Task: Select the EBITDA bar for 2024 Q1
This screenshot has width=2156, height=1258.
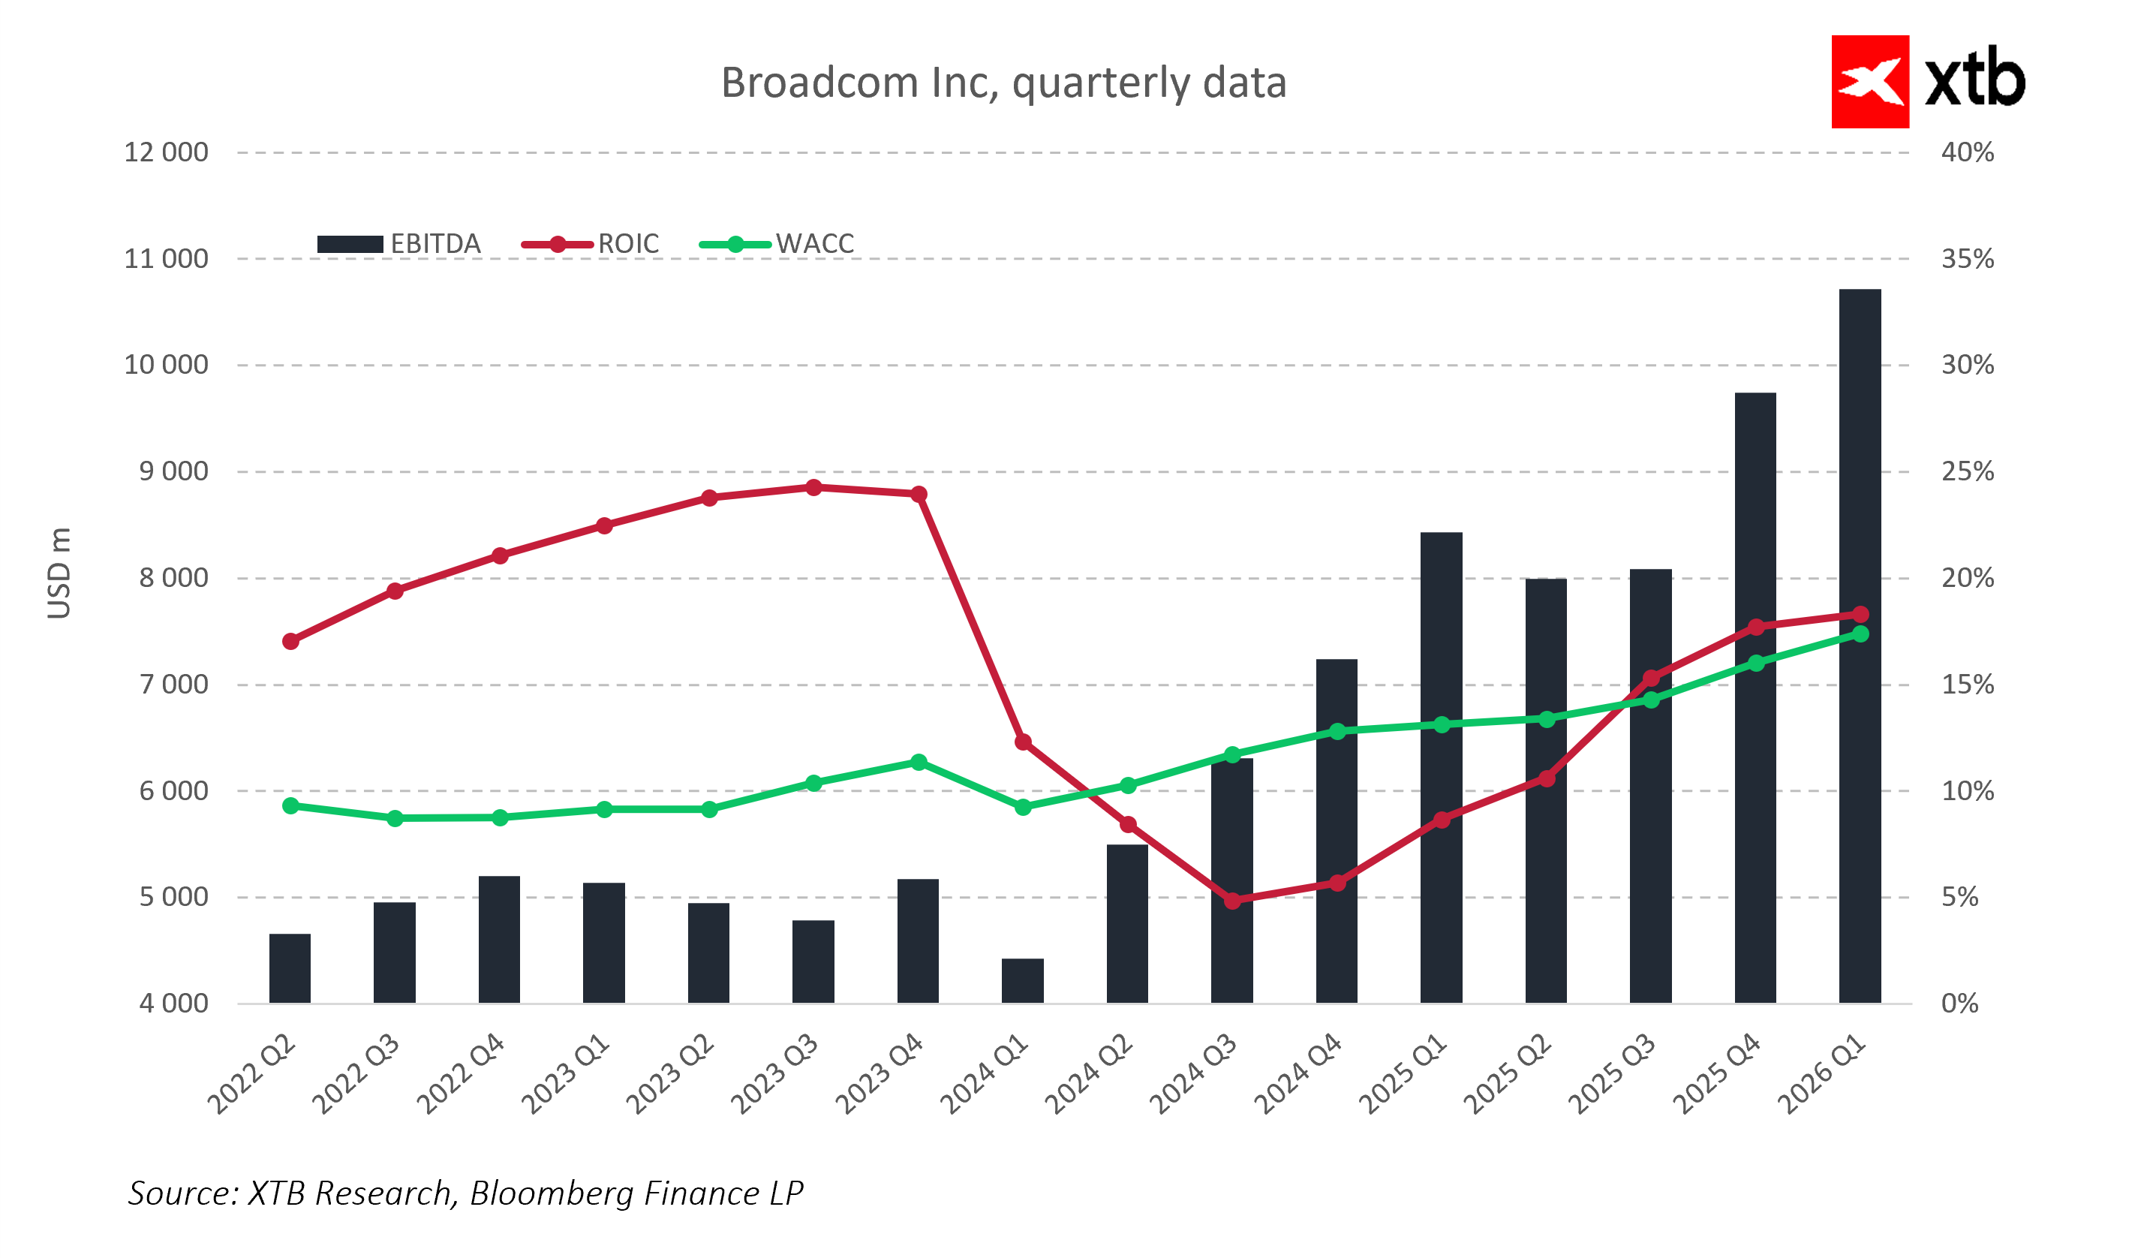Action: point(1022,981)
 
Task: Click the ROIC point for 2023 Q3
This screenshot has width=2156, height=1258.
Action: point(813,488)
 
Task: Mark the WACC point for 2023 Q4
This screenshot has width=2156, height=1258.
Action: point(918,763)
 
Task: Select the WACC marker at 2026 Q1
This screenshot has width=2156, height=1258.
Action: point(1860,634)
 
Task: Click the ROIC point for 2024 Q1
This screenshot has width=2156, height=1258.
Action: point(1022,742)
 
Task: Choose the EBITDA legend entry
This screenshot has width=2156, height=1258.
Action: point(398,245)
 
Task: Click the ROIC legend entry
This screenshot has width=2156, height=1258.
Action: point(591,245)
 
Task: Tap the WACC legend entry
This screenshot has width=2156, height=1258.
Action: point(777,245)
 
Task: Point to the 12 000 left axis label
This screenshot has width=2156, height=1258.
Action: point(166,152)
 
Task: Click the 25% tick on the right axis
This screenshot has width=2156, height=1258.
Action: point(1967,471)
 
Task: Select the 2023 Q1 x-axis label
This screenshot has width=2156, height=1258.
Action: point(567,1074)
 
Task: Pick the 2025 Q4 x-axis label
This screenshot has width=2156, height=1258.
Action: point(1717,1074)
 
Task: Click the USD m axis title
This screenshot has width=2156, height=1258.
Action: point(59,573)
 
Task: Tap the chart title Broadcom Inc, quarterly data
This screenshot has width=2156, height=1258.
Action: point(1003,83)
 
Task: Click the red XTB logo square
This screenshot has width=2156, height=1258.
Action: point(1869,82)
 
